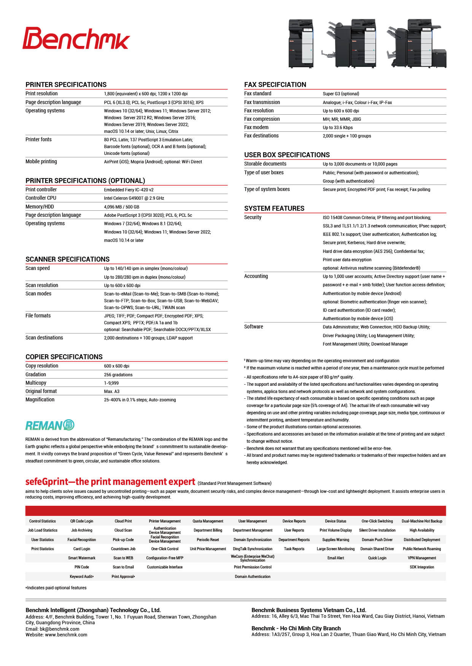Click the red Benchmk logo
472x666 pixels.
[76, 39]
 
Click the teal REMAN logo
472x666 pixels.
[50, 425]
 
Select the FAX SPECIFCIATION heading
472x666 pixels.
[275, 85]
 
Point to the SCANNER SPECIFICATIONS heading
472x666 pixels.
[67, 259]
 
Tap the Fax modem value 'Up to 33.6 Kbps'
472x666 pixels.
[337, 128]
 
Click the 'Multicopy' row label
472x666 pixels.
[36, 383]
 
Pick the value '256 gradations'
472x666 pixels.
[118, 375]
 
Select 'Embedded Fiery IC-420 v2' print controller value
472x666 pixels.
[129, 190]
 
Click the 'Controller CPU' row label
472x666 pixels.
[41, 198]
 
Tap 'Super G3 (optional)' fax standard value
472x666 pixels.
[341, 94]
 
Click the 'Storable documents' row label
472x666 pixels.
[265, 164]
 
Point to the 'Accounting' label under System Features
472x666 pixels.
[256, 276]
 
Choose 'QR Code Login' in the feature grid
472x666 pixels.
[81, 521]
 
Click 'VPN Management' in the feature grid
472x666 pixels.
[422, 558]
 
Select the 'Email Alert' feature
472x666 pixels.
[335, 558]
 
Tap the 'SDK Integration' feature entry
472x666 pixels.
[422, 567]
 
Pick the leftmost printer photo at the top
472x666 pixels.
[301, 43]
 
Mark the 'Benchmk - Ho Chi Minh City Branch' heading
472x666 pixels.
[296, 628]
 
